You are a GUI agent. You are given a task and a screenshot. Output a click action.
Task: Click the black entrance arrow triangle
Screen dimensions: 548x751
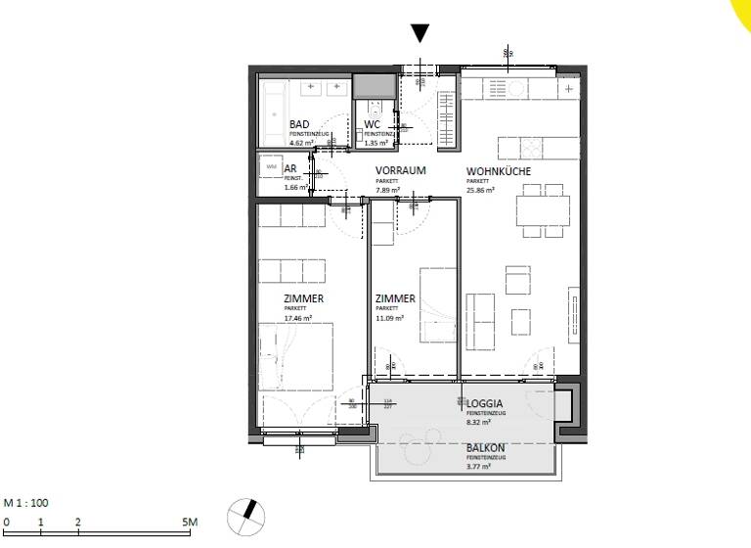420,33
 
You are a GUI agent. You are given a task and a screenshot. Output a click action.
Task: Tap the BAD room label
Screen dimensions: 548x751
300,124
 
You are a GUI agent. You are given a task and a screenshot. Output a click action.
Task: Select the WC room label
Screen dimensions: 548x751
372,124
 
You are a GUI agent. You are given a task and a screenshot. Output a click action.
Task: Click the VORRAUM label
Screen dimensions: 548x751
401,170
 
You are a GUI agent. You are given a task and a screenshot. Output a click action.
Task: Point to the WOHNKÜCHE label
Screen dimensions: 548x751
498,170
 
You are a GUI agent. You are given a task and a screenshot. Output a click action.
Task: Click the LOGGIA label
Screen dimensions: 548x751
485,403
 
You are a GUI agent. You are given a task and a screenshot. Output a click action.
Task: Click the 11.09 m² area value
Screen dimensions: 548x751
389,318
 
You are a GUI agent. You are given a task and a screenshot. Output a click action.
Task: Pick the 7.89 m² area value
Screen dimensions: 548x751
388,190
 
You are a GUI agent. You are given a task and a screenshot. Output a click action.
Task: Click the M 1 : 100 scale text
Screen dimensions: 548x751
25,503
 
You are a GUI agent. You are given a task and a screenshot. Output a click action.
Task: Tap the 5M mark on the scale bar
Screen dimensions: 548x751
189,523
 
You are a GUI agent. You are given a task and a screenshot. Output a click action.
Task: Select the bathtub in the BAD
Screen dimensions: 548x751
275,101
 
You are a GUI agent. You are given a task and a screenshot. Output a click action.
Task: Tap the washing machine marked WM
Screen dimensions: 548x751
271,168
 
